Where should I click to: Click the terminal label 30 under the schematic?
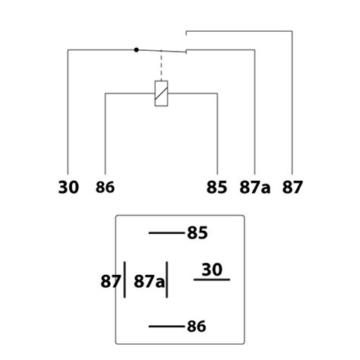(68, 188)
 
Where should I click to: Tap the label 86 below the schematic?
(105, 188)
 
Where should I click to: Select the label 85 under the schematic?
(216, 188)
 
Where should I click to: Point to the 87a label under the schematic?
(254, 188)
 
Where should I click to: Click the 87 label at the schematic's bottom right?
(292, 188)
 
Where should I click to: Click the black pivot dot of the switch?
(136, 50)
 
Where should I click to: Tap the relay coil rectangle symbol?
(161, 93)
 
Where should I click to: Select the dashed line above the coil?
(161, 66)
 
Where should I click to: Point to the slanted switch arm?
(161, 51)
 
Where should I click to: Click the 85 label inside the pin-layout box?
(197, 233)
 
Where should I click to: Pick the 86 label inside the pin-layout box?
(197, 327)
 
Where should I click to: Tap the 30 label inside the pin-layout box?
(212, 270)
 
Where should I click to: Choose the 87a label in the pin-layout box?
(149, 281)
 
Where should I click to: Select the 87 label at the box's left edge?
(110, 281)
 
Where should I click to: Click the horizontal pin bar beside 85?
(167, 232)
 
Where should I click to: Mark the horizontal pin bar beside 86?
(167, 327)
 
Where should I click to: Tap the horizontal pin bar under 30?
(212, 279)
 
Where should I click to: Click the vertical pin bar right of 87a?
(166, 279)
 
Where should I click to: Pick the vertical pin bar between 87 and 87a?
(125, 279)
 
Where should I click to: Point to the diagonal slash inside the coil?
(161, 93)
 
